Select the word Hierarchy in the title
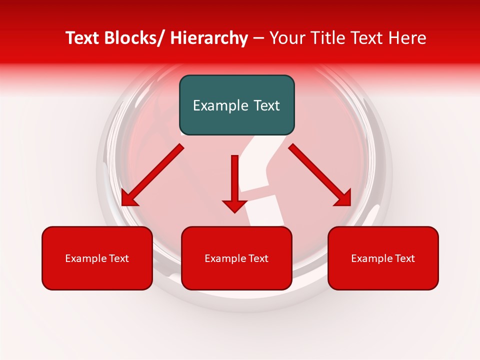209,38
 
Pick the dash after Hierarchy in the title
258,39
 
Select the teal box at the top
236,105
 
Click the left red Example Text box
97,258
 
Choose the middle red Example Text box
236,258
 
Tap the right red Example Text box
383,258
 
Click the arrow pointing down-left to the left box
152,175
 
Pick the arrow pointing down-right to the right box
320,175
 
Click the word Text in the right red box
404,258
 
